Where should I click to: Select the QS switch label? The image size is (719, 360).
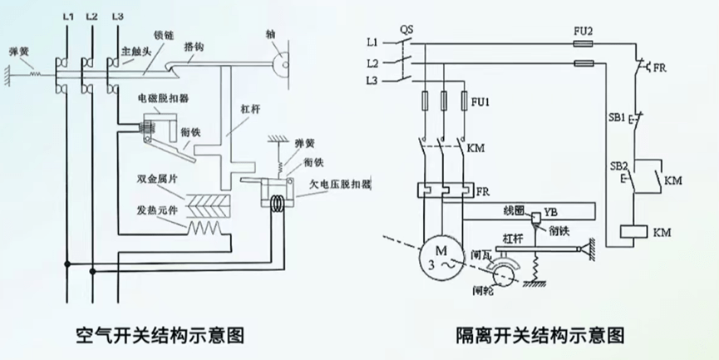tap(406, 27)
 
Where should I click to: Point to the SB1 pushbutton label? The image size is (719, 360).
tap(616, 118)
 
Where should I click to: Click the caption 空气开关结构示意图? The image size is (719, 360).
tap(163, 336)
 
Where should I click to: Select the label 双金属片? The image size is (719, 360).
tap(157, 180)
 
